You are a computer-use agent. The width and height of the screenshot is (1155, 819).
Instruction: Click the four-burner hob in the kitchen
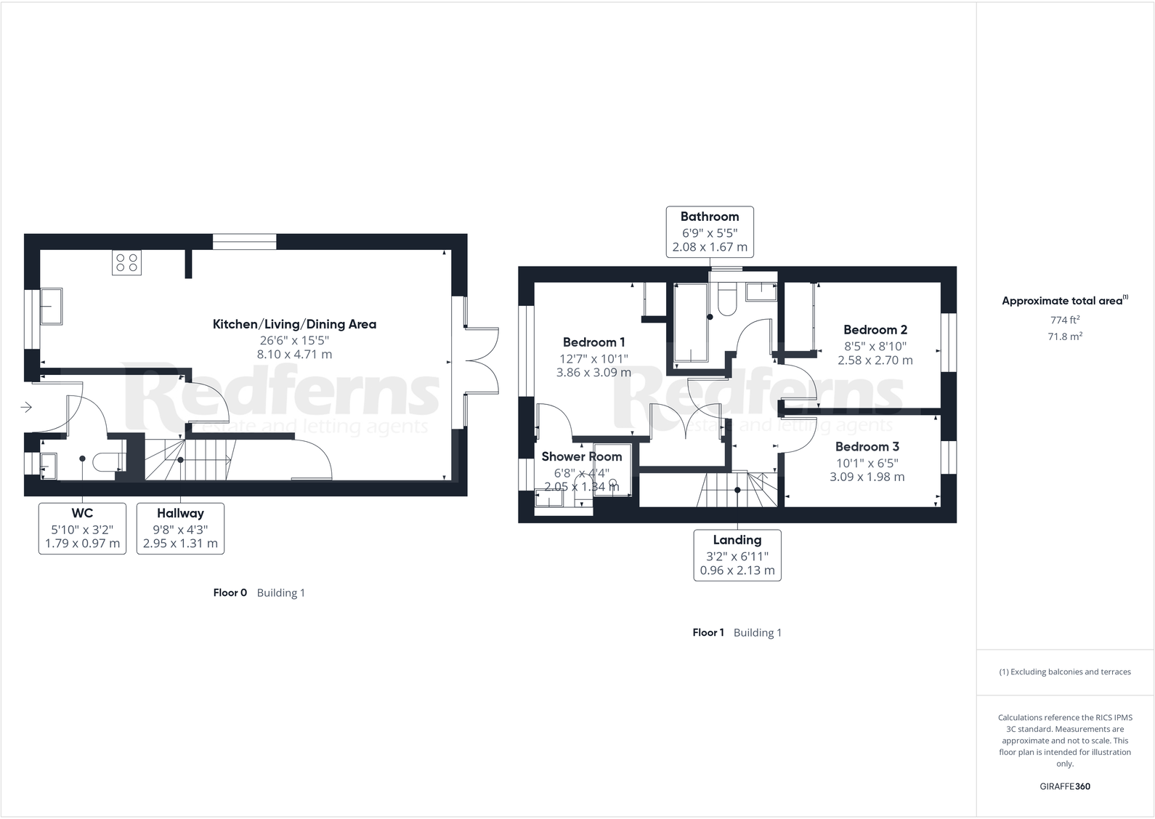coord(126,262)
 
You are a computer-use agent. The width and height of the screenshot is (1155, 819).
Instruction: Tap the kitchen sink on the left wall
coord(52,306)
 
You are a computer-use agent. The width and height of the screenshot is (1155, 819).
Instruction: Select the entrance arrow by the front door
coord(26,407)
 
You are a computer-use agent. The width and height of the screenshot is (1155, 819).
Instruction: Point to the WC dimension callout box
coord(82,528)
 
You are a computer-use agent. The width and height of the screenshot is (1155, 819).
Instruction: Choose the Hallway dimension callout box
coord(180,528)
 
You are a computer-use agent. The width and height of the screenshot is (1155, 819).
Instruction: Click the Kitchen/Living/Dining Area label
coord(294,324)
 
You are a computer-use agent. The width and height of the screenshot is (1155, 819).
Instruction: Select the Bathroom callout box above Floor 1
coord(710,232)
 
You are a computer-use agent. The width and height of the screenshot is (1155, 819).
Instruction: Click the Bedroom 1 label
coord(593,342)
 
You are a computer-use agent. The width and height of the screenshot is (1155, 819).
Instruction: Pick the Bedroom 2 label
coord(875,330)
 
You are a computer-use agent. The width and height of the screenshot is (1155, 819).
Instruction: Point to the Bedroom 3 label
coord(867,447)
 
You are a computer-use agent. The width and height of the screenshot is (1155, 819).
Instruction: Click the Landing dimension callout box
coord(737,555)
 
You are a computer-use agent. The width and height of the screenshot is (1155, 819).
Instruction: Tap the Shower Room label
coord(581,456)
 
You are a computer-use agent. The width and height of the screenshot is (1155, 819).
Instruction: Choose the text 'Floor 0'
coord(230,593)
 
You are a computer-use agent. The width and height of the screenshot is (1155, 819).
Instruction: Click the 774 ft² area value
coord(1064,320)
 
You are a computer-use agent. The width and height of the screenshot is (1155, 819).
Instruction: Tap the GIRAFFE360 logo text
coord(1064,786)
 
